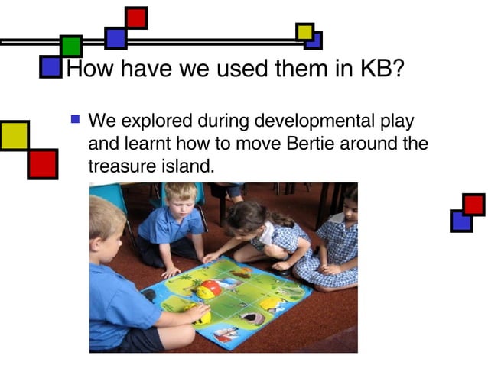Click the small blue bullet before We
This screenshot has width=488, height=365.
click(x=74, y=119)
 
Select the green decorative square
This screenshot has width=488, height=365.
click(x=71, y=47)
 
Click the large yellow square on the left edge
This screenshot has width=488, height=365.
click(x=14, y=135)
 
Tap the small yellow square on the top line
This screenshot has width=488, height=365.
click(x=304, y=31)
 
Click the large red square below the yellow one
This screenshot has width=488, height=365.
click(x=42, y=163)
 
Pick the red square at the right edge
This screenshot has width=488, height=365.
click(x=473, y=205)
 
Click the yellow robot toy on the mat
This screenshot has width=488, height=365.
click(x=207, y=289)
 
